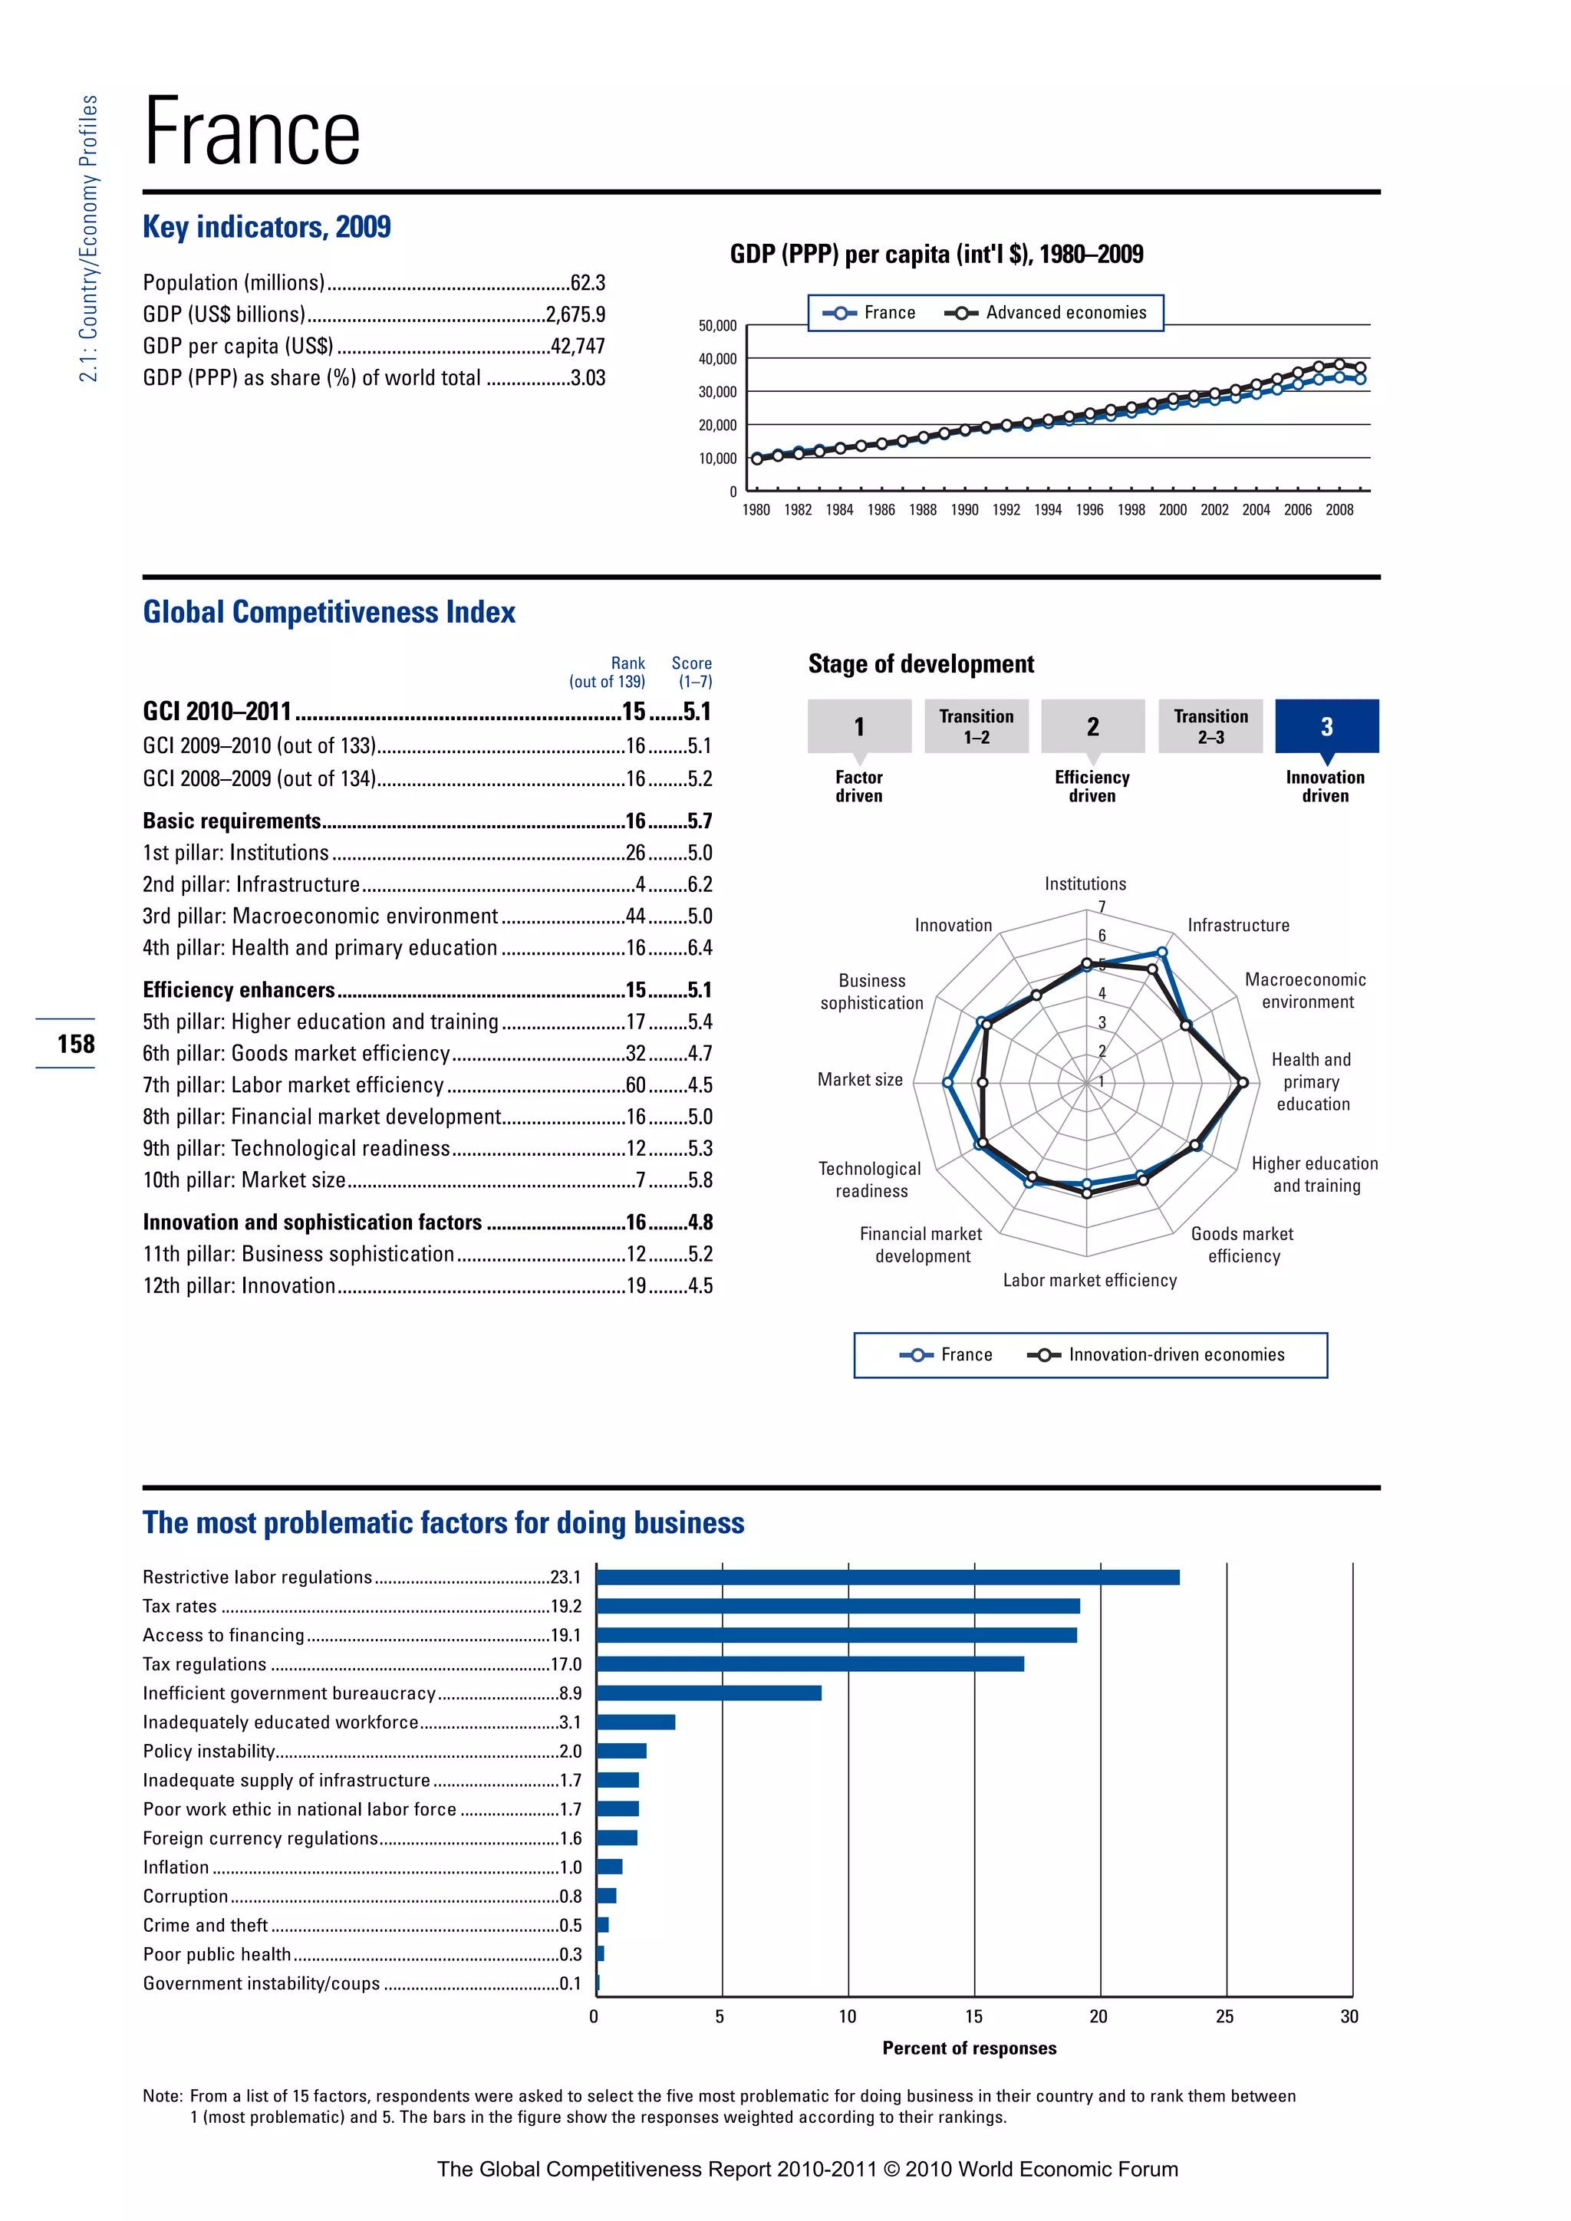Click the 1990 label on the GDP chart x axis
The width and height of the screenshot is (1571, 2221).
[x=964, y=511]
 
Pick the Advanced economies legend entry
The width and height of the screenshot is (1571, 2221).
[x=1046, y=312]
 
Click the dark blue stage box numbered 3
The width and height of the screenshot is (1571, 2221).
[x=1326, y=726]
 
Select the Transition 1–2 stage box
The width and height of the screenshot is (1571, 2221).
[x=976, y=726]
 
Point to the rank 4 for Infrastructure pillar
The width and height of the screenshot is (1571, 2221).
[x=640, y=884]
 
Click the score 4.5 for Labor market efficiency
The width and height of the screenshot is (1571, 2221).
[x=700, y=1085]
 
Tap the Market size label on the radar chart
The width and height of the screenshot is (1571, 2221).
[x=860, y=1080]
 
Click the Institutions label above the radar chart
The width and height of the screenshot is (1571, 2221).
[x=1085, y=884]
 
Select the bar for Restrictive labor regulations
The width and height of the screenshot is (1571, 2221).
[x=887, y=1578]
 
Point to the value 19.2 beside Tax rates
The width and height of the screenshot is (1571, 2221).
[x=566, y=1607]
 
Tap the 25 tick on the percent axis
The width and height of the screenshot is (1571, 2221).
[x=1225, y=2017]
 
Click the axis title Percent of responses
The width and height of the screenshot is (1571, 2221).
[x=970, y=2048]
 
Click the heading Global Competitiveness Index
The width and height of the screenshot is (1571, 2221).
[x=329, y=612]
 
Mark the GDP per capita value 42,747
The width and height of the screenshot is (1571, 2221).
[x=577, y=347]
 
